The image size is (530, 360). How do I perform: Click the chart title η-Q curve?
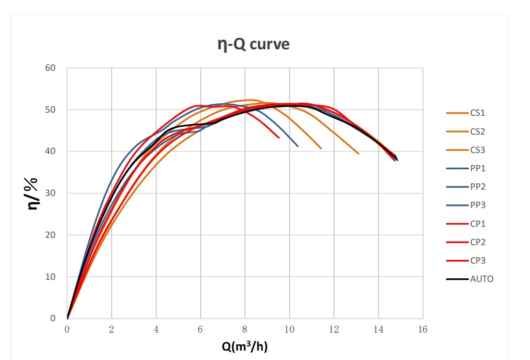(253, 44)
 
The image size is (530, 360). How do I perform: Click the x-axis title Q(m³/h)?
(245, 346)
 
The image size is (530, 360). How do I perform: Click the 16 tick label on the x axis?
(423, 330)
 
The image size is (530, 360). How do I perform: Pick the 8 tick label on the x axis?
(245, 330)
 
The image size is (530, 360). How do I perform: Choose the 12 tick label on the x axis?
(334, 330)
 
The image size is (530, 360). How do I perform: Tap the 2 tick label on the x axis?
(112, 330)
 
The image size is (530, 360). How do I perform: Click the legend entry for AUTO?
(481, 279)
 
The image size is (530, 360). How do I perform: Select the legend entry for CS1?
(478, 113)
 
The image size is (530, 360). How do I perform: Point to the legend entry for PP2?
(478, 187)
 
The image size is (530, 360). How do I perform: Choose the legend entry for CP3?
(478, 260)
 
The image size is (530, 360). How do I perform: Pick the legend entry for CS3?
(478, 150)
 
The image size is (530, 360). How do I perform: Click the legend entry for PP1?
(478, 168)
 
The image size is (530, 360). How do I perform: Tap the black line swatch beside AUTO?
(457, 279)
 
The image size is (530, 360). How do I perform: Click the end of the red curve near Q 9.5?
(279, 138)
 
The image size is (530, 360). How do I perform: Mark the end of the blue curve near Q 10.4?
(298, 146)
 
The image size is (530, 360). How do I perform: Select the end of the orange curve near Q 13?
(359, 154)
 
